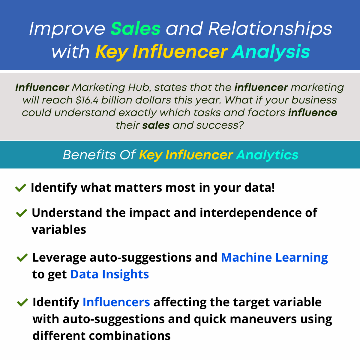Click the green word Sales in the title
136,29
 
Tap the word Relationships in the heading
270,29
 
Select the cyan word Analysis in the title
271,52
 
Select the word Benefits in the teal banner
89,155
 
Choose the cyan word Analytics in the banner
267,155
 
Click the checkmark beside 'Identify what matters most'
20,188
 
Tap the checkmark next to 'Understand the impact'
22,213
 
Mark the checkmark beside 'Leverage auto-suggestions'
22,258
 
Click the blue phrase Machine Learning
274,258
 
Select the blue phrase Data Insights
109,274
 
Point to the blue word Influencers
116,302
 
